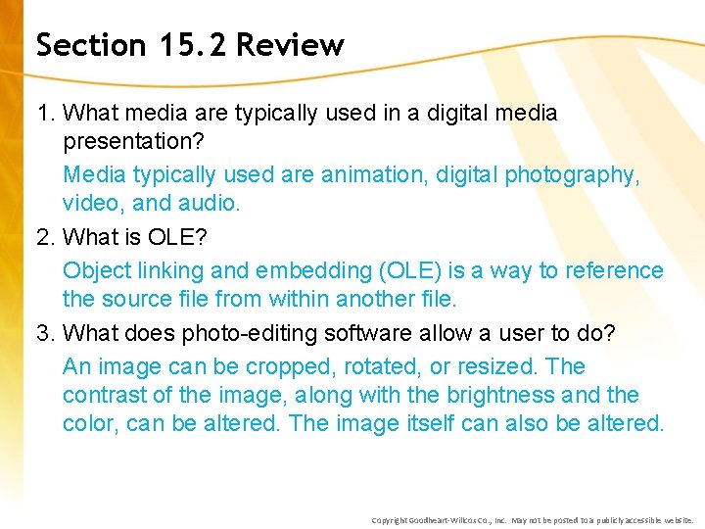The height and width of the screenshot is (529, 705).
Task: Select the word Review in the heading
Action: pyautogui.click(x=290, y=45)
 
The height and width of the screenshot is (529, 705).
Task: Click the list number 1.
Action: pyautogui.click(x=45, y=114)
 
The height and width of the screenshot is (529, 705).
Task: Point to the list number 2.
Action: pyautogui.click(x=45, y=237)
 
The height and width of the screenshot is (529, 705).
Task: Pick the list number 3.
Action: pyautogui.click(x=45, y=333)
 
